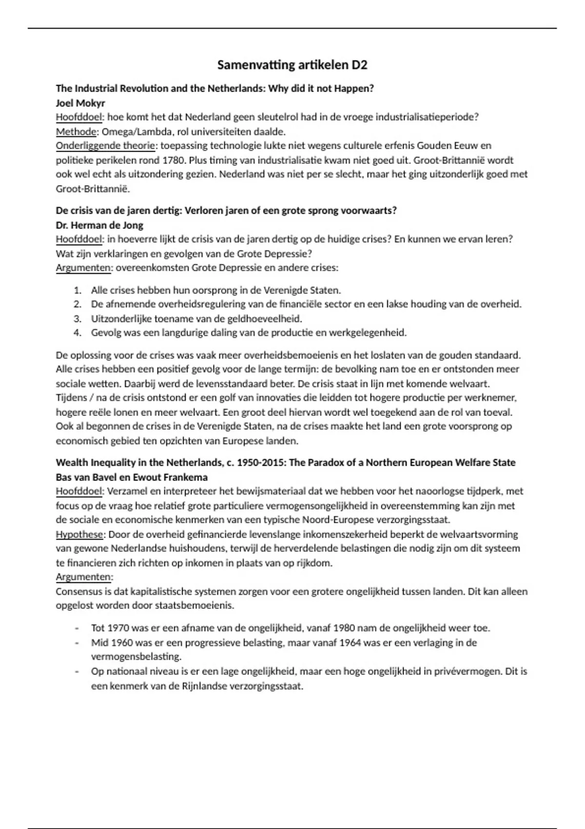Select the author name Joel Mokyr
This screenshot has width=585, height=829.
click(80, 103)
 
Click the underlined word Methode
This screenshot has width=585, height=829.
click(77, 132)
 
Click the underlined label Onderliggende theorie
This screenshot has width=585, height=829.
click(106, 146)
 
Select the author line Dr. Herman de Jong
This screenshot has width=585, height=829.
click(99, 225)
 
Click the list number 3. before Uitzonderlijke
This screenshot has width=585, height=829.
click(77, 319)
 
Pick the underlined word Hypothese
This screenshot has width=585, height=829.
click(79, 534)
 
